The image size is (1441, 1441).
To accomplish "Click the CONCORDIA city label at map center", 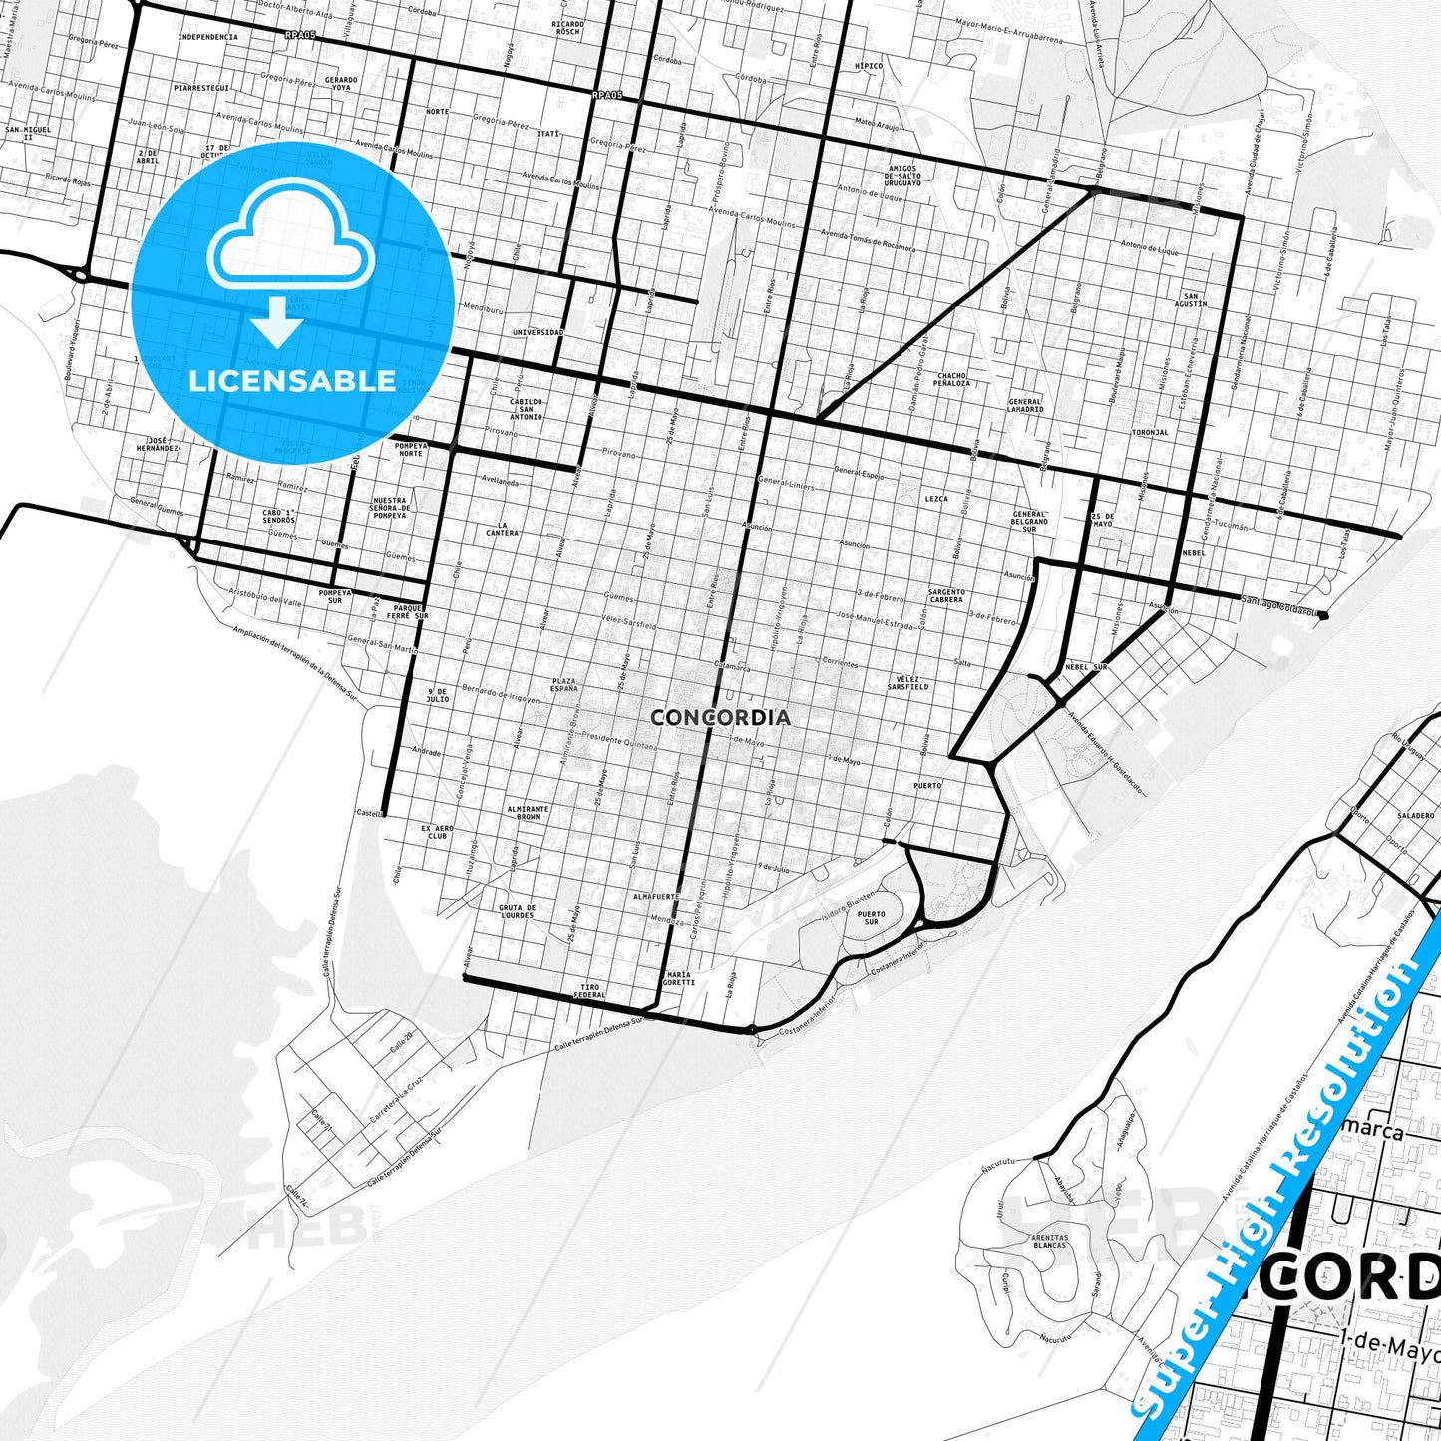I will (720, 717).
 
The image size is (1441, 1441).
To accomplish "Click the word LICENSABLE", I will (292, 380).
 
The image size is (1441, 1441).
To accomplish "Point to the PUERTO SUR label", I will (871, 917).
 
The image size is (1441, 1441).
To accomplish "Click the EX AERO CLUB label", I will (437, 832).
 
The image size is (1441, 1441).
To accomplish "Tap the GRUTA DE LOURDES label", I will (517, 911).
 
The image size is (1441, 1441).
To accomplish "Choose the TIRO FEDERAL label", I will (591, 991).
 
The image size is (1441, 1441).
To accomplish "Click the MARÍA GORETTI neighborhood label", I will (678, 978).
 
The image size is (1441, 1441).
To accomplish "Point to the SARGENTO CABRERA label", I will (946, 596).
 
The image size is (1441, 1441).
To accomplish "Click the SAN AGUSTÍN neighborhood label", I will (1194, 299).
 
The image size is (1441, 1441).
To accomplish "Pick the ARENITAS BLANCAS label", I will (1049, 1241).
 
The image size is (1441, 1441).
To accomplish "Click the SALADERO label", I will (1415, 815).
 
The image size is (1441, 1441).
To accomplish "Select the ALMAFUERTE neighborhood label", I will (656, 897).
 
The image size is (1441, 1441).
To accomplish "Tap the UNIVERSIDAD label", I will (538, 332).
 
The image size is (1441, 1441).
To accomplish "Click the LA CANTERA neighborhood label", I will (509, 529).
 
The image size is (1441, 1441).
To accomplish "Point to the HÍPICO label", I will (869, 67).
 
